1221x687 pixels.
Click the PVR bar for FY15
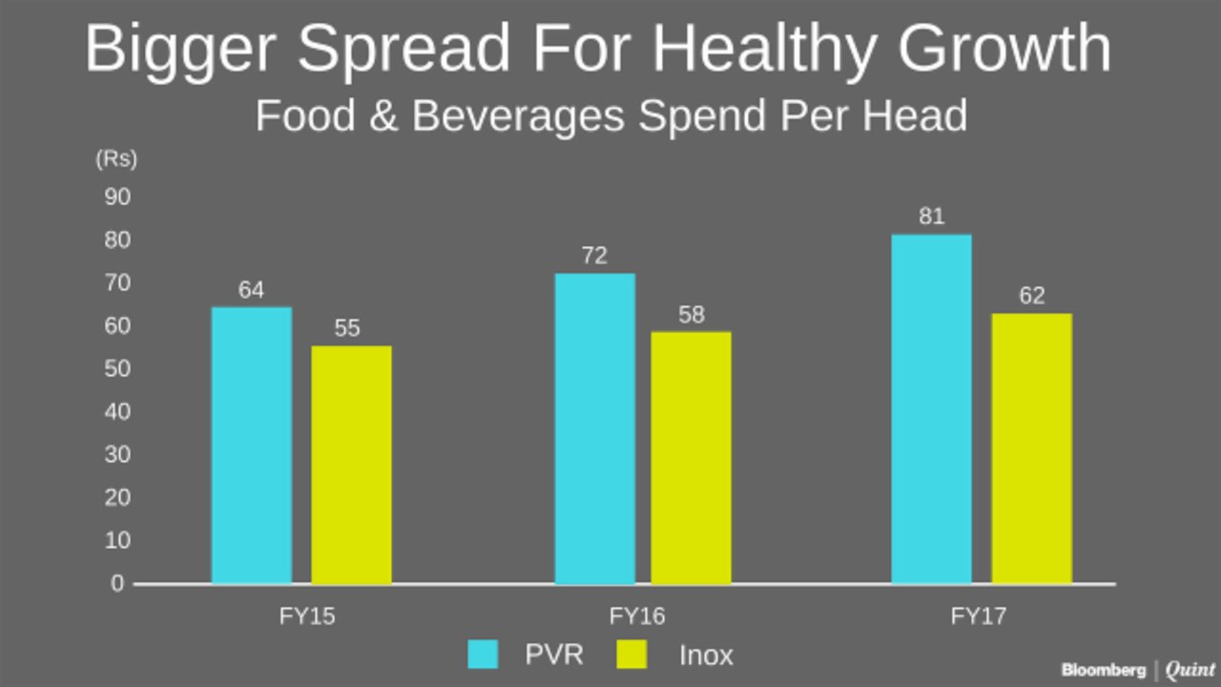point(252,445)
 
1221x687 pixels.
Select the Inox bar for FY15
point(351,464)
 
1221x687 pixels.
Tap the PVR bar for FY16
point(595,428)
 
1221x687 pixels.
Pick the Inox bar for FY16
point(691,457)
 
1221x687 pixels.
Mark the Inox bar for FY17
point(1031,448)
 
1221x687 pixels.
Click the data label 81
point(931,217)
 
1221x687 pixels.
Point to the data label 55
point(347,328)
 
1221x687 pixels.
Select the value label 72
point(594,256)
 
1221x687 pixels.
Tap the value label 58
point(691,315)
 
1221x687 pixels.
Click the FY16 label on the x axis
point(637,616)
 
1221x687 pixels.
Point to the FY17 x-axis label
point(978,616)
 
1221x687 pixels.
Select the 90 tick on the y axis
point(116,198)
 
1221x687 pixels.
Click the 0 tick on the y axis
point(117,584)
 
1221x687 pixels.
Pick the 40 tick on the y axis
point(116,412)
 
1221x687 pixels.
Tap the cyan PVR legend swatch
point(483,656)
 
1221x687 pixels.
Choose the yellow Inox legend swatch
point(631,656)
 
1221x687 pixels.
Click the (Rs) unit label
point(116,159)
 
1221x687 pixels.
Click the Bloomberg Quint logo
point(1138,671)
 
